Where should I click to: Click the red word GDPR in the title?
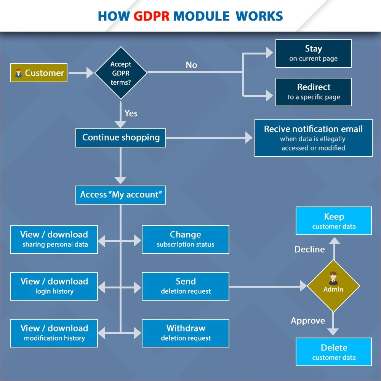coord(152,16)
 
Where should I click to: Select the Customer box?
coord(39,73)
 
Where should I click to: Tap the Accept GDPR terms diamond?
coord(121,73)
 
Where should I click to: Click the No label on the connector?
coord(191,65)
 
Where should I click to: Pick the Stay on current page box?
coord(313,53)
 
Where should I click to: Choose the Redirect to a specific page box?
coord(313,92)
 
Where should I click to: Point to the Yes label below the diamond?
coord(131,113)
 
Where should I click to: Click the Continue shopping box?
coord(121,138)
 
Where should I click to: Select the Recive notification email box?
coord(313,138)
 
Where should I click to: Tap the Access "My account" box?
coord(121,195)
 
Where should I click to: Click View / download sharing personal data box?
coord(54,239)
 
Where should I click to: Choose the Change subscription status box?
coord(186,239)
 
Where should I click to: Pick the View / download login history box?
coord(54,286)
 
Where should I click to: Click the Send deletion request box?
coord(186,286)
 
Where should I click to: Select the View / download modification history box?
coord(54,333)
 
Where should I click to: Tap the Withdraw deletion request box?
coord(186,333)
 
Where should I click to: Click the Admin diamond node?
coord(333,286)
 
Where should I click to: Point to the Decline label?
coord(309,250)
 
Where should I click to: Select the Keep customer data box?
coord(334,221)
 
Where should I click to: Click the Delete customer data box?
coord(334,352)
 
